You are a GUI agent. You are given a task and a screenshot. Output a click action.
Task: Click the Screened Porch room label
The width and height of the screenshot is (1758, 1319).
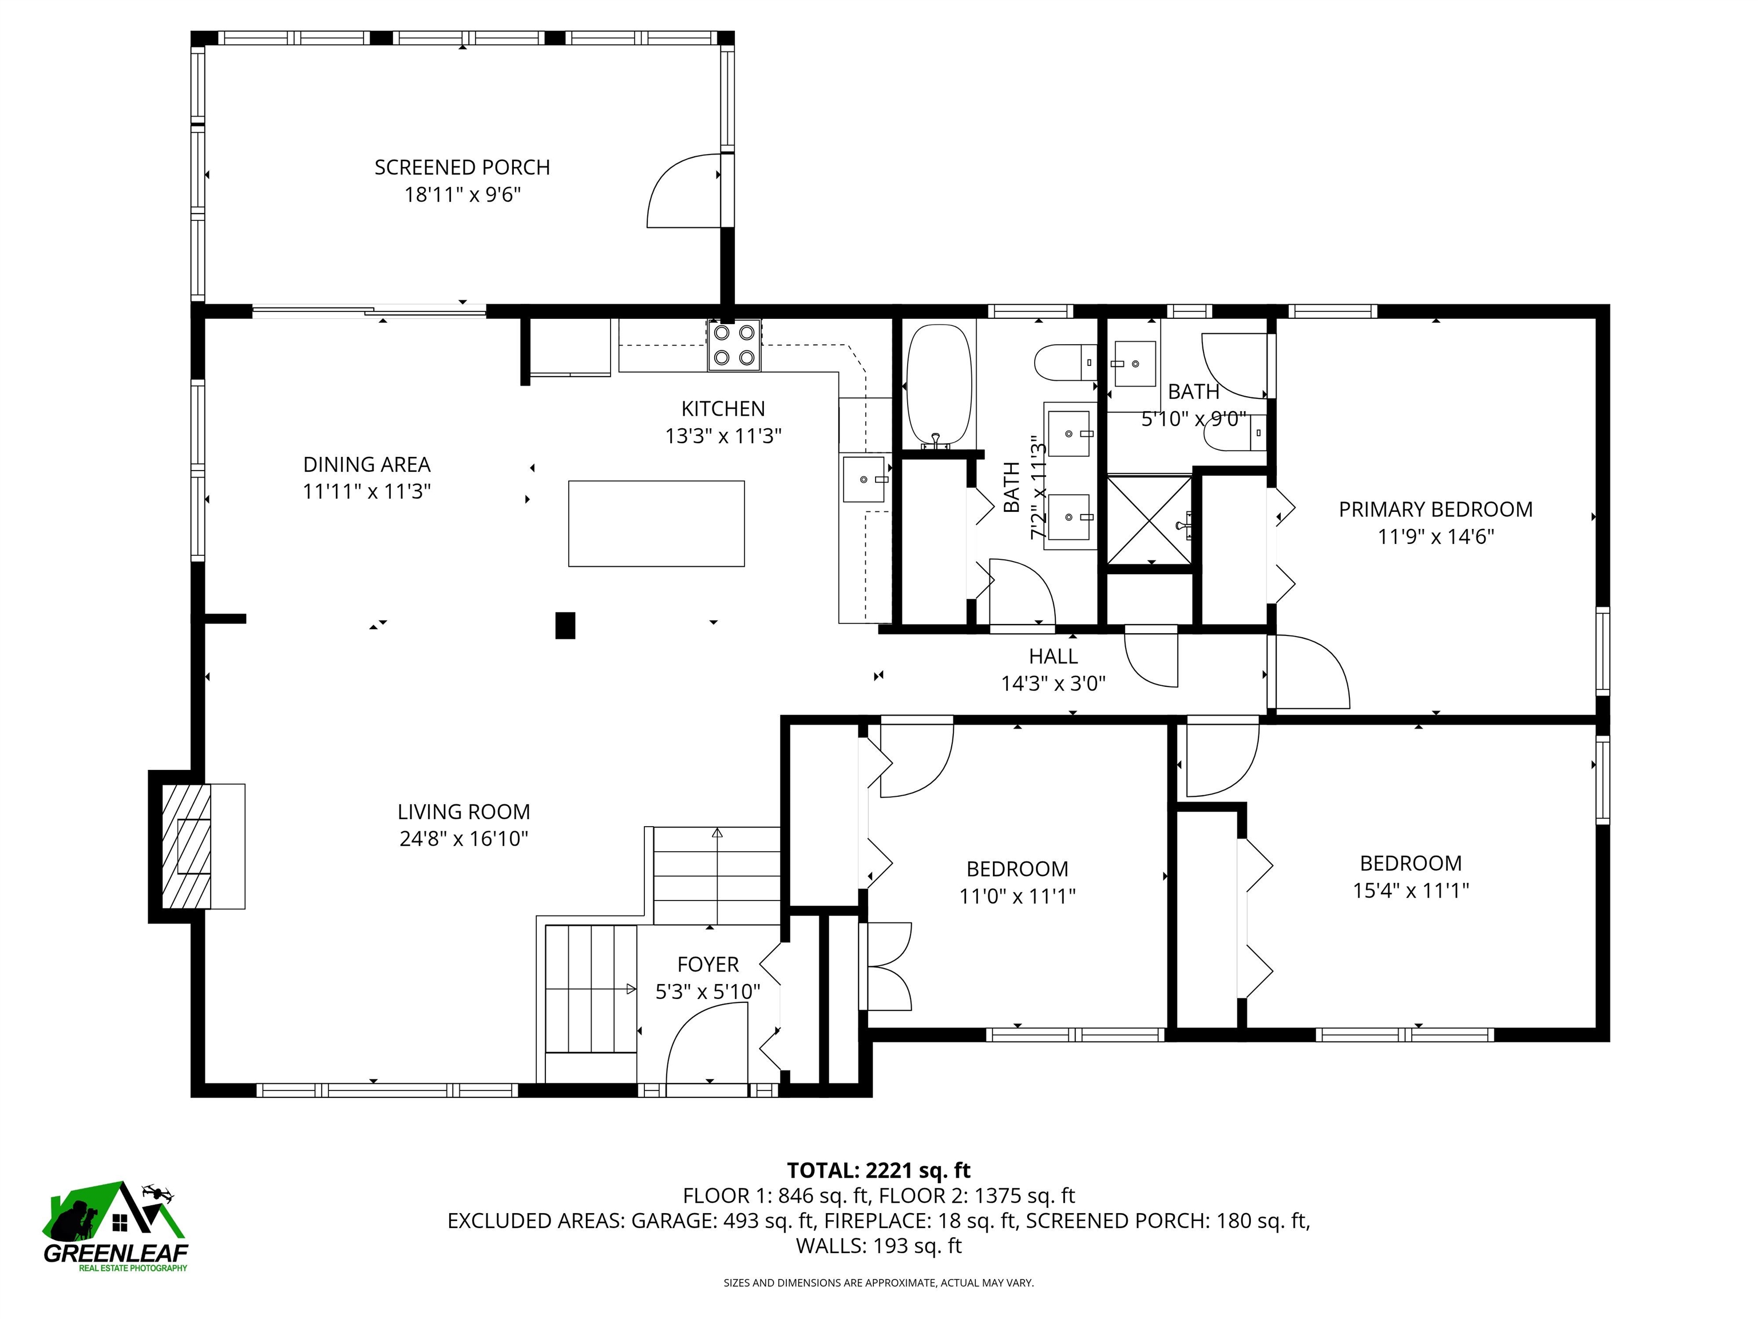coord(462,168)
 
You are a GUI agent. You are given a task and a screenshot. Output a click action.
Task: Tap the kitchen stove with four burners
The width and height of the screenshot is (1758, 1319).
coord(734,345)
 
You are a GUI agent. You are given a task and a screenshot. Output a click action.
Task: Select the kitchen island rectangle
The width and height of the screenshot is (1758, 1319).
coord(656,523)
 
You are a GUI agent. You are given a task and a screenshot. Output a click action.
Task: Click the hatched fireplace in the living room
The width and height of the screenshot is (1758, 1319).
coord(188,847)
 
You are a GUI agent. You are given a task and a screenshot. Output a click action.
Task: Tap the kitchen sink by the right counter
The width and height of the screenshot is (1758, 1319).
coord(864,479)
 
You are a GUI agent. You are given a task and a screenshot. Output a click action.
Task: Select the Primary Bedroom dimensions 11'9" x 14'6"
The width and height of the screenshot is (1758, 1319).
coord(1435,536)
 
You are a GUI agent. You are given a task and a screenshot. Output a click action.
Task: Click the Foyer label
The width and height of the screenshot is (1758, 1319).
coord(707,965)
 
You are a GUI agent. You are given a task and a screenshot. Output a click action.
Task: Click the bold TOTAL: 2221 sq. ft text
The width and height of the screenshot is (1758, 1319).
coord(878,1170)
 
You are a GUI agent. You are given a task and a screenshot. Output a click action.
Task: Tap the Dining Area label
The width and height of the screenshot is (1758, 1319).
coord(366,464)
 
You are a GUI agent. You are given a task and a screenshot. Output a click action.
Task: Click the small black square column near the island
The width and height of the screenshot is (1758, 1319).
coord(564,625)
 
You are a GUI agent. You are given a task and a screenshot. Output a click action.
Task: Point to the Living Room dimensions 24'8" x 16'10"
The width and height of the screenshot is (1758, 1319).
coord(464,839)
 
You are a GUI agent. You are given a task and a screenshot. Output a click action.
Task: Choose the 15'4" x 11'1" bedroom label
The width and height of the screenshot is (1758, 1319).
coord(1410,890)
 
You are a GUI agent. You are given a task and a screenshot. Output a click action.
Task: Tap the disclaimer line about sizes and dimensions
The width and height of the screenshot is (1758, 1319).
coord(878,1282)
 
